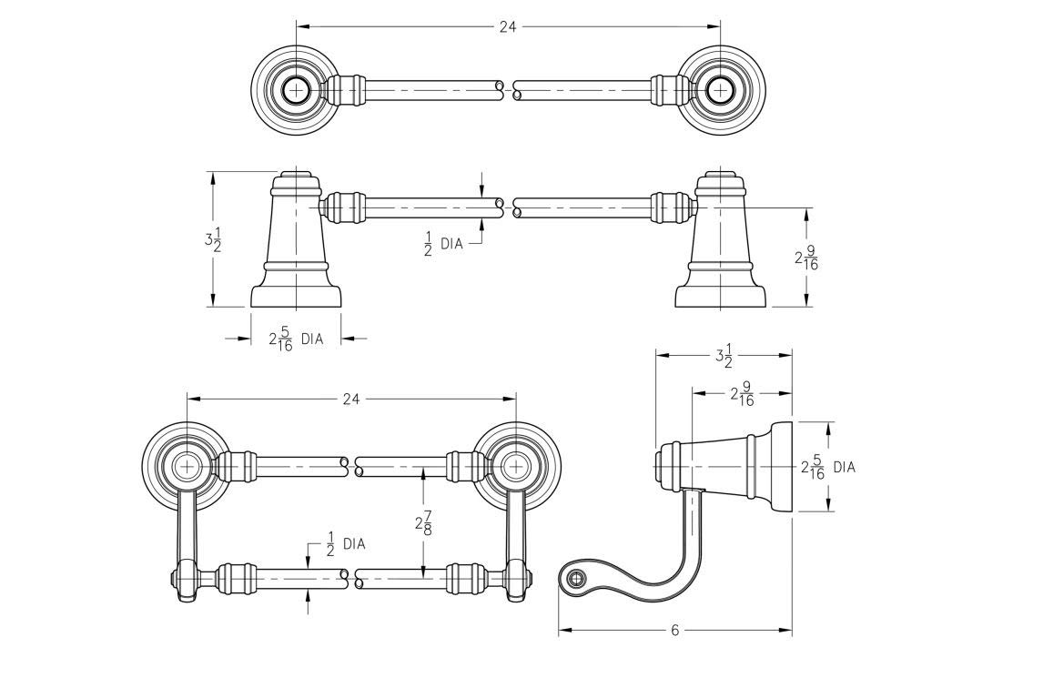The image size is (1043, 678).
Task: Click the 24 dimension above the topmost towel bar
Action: pyautogui.click(x=508, y=27)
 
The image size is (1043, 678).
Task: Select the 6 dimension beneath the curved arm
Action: pyautogui.click(x=674, y=630)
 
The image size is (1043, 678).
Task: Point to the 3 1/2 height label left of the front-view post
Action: pyautogui.click(x=212, y=240)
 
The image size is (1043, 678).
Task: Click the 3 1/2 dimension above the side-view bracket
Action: pyautogui.click(x=724, y=357)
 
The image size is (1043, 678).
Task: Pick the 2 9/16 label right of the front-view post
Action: pyautogui.click(x=806, y=258)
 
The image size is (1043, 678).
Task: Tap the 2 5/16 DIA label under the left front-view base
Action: pyautogui.click(x=295, y=339)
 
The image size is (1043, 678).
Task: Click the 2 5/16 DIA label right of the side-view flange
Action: pyautogui.click(x=826, y=468)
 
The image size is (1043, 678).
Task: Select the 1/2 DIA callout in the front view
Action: pyautogui.click(x=443, y=244)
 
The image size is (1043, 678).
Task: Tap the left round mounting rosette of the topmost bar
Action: pyautogui.click(x=294, y=90)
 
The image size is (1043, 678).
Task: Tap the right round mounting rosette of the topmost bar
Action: pyautogui.click(x=722, y=90)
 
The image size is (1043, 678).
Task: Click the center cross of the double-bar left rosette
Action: pyautogui.click(x=187, y=465)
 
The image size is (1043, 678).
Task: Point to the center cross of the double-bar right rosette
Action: pyautogui.click(x=517, y=465)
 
